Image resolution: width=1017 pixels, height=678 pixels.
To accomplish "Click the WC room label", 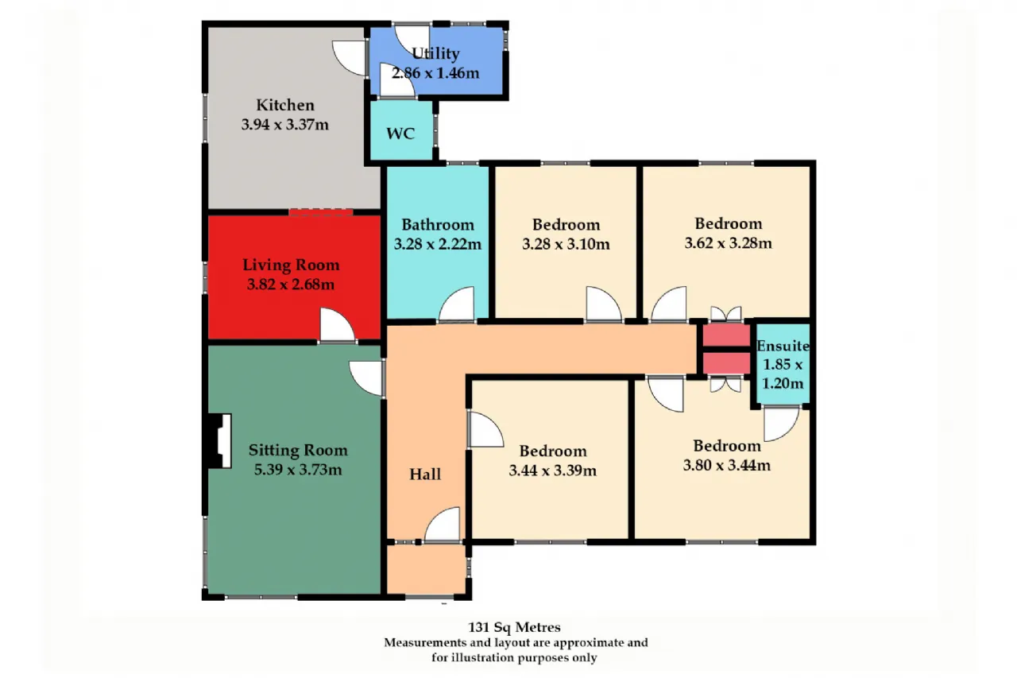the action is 400,134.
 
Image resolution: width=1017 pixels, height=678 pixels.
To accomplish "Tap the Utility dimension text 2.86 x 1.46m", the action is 435,72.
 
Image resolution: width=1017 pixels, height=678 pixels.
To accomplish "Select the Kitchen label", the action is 285,105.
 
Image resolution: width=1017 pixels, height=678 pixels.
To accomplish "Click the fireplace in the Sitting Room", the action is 219,440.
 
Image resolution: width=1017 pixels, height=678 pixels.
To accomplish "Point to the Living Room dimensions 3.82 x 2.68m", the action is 291,285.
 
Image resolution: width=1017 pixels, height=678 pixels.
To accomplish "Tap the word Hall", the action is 425,474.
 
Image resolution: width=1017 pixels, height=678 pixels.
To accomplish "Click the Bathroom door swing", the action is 456,304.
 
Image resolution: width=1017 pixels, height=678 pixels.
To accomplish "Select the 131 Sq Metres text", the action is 514,627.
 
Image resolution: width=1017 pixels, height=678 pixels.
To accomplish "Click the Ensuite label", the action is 783,346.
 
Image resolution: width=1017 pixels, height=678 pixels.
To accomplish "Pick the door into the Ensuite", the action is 781,424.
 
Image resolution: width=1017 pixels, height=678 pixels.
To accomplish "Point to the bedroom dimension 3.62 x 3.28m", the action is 729,243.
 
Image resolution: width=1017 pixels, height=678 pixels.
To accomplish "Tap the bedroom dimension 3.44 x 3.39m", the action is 552,470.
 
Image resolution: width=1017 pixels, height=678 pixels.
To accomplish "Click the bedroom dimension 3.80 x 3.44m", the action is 727,465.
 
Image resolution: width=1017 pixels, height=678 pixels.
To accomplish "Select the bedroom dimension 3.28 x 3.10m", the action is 566,244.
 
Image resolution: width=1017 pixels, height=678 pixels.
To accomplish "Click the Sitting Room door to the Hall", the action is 366,378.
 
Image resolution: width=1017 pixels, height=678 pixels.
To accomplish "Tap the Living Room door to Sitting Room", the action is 338,324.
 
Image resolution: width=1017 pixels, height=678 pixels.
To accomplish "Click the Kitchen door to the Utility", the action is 349,58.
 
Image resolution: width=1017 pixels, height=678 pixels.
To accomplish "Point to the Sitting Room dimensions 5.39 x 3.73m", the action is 298,469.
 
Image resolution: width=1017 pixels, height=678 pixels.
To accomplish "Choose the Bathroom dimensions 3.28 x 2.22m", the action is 437,244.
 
